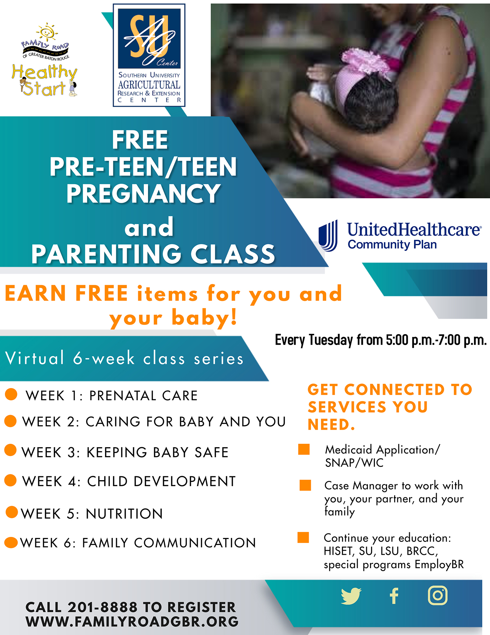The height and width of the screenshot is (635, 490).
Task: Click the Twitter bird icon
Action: pos(351,596)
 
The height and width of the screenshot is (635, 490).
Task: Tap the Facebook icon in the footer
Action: pos(394,596)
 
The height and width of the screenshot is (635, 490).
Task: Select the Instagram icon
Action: pos(437,595)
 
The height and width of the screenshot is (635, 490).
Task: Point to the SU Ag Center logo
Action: pos(149,55)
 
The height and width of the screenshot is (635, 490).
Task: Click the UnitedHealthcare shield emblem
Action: pos(328,235)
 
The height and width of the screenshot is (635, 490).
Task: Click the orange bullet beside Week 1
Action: pos(11,394)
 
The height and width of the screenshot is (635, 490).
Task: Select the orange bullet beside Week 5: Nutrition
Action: pos(12,512)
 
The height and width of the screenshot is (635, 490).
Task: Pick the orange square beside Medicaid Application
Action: pos(304,449)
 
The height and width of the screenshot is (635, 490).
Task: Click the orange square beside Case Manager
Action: pos(305,485)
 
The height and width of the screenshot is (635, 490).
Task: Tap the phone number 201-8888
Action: pos(102,607)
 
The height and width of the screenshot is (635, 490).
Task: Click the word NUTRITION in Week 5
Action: pos(124,514)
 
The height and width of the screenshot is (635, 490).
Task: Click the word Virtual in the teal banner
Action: pos(35,358)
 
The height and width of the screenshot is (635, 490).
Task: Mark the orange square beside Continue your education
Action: pos(303,537)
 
